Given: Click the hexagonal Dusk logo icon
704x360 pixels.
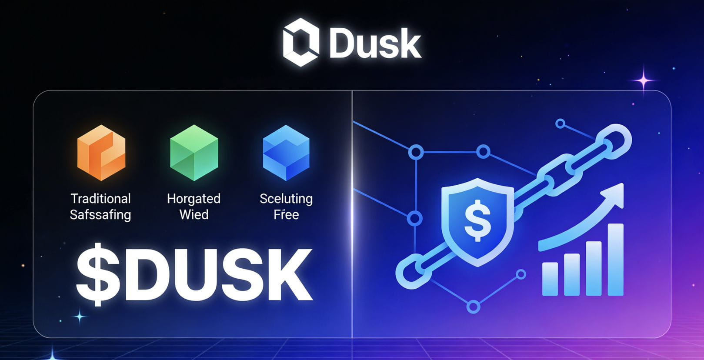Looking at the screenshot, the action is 301,43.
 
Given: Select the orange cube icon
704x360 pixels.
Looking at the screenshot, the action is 101,153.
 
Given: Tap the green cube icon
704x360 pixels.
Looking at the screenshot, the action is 194,153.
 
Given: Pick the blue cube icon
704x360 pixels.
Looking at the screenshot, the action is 286,153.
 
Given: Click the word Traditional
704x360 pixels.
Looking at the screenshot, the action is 100,199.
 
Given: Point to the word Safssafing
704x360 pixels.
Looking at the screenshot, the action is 100,215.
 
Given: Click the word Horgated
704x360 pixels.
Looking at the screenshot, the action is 194,199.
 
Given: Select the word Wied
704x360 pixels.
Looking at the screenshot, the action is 194,214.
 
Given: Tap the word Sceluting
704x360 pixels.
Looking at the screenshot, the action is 286,199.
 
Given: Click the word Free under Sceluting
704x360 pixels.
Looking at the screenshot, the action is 286,214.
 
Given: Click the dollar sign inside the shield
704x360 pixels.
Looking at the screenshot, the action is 477,220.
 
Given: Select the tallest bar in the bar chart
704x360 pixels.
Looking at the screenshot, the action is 615,260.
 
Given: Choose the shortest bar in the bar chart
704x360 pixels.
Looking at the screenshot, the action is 550,279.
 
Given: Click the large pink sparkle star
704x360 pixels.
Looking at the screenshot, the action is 644,80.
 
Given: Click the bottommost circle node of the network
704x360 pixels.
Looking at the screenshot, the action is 473,306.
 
